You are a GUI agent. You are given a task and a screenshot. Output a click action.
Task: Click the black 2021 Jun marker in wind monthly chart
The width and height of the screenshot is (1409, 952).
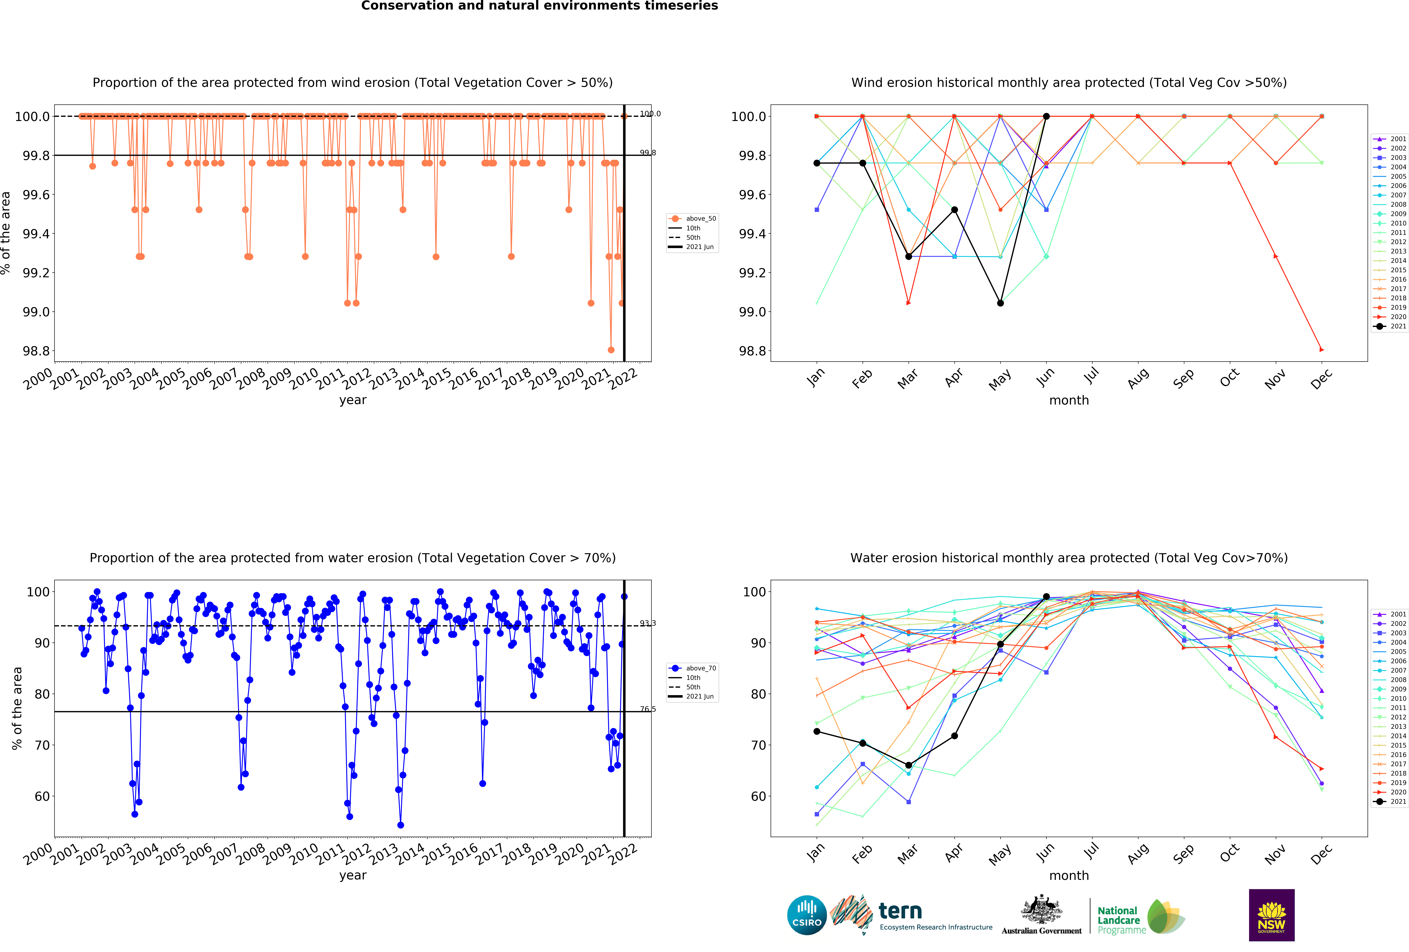coord(1046,116)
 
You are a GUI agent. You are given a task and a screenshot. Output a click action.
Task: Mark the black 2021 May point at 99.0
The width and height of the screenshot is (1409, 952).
coord(1000,303)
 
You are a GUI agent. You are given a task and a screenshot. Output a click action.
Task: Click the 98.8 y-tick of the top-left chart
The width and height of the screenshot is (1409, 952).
coord(36,351)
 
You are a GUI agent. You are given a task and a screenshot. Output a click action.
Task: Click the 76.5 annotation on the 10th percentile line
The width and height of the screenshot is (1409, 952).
coord(647,709)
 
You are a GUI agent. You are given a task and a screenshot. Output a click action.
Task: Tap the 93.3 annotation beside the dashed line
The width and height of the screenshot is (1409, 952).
coord(647,623)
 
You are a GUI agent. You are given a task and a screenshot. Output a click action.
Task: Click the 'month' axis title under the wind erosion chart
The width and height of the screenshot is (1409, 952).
coord(1069,401)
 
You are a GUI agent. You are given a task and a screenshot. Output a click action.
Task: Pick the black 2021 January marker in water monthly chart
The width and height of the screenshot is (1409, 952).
coord(817,731)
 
